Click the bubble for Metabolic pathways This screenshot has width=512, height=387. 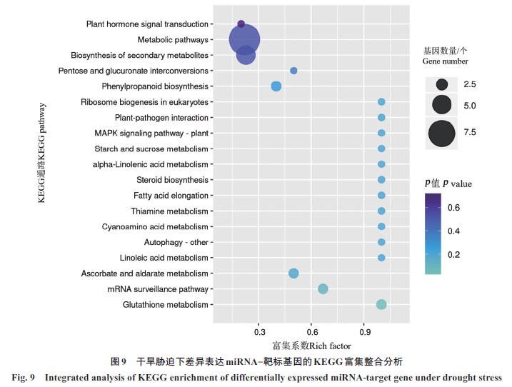244,40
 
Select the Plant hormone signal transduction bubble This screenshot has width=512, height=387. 241,24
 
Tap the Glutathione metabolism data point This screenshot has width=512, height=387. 381,305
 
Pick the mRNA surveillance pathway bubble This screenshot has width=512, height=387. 323,289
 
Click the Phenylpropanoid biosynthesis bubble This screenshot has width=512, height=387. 276,86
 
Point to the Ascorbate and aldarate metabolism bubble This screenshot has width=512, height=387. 293,273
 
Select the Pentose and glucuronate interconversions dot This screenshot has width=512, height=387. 293,71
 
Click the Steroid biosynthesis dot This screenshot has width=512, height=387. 381,180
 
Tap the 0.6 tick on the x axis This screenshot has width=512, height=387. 312,332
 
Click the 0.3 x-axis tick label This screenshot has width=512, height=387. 259,332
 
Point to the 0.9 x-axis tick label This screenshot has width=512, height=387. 365,332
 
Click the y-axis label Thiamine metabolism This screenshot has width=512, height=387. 169,211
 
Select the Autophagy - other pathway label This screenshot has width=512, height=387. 176,243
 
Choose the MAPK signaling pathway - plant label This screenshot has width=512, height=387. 151,134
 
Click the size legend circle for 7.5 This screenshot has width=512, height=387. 442,132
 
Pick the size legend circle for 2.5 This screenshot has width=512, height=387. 442,84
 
